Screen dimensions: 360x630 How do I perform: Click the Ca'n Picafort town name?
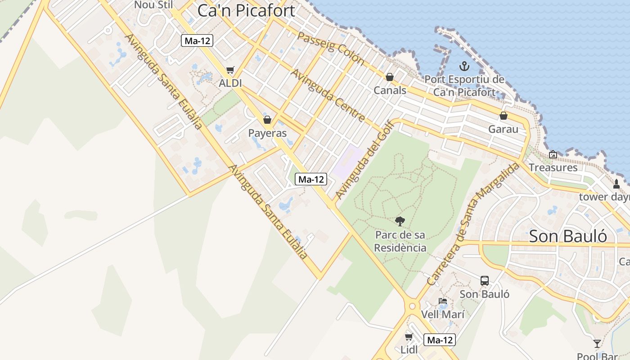pyautogui.click(x=246, y=11)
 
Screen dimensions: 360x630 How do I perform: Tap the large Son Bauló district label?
pyautogui.click(x=568, y=236)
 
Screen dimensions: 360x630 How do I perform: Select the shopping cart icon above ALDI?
pyautogui.click(x=230, y=70)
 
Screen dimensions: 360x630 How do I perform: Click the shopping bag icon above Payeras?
pyautogui.click(x=267, y=120)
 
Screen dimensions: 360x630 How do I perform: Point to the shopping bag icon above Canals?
pyautogui.click(x=390, y=77)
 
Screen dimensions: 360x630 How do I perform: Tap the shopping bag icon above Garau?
pyautogui.click(x=504, y=116)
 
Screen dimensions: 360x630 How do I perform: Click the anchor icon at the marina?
pyautogui.click(x=464, y=67)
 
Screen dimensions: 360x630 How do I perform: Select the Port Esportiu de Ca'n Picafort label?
pyautogui.click(x=464, y=86)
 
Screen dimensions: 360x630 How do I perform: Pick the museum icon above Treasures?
pyautogui.click(x=553, y=154)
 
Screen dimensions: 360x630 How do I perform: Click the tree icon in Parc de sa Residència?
pyautogui.click(x=400, y=221)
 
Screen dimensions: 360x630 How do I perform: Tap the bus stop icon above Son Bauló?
pyautogui.click(x=485, y=280)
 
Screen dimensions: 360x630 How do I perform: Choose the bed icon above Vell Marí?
pyautogui.click(x=443, y=301)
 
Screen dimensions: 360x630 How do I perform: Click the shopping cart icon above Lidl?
pyautogui.click(x=409, y=337)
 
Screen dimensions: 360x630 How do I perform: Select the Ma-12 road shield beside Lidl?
pyautogui.click(x=441, y=340)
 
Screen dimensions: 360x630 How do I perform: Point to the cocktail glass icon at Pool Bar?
pyautogui.click(x=597, y=344)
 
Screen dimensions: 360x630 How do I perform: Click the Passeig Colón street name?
pyautogui.click(x=331, y=48)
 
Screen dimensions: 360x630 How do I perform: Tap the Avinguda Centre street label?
pyautogui.click(x=328, y=95)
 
